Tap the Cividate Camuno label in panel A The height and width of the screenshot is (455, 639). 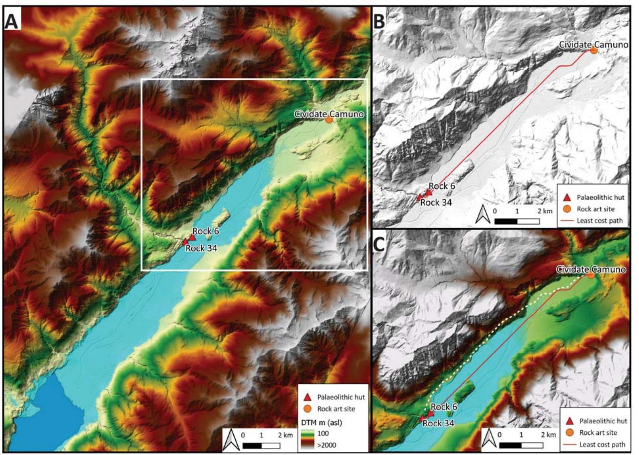point(329,114)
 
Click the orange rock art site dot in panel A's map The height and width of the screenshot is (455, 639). point(329,120)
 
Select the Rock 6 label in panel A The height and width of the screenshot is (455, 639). point(205,231)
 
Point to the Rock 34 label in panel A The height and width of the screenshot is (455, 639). point(201,248)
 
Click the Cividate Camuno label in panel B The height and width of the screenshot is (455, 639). point(593,45)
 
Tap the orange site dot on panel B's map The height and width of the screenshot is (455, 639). point(593,51)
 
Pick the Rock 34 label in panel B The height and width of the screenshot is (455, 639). point(436,203)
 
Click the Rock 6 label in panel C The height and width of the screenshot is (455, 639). point(444,407)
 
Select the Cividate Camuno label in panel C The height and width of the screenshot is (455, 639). point(591,270)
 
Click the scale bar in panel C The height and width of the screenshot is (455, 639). point(521,445)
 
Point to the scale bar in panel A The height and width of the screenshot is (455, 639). point(261,446)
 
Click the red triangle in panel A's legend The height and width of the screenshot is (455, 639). point(307,397)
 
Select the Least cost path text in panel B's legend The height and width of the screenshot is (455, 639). point(599,220)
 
